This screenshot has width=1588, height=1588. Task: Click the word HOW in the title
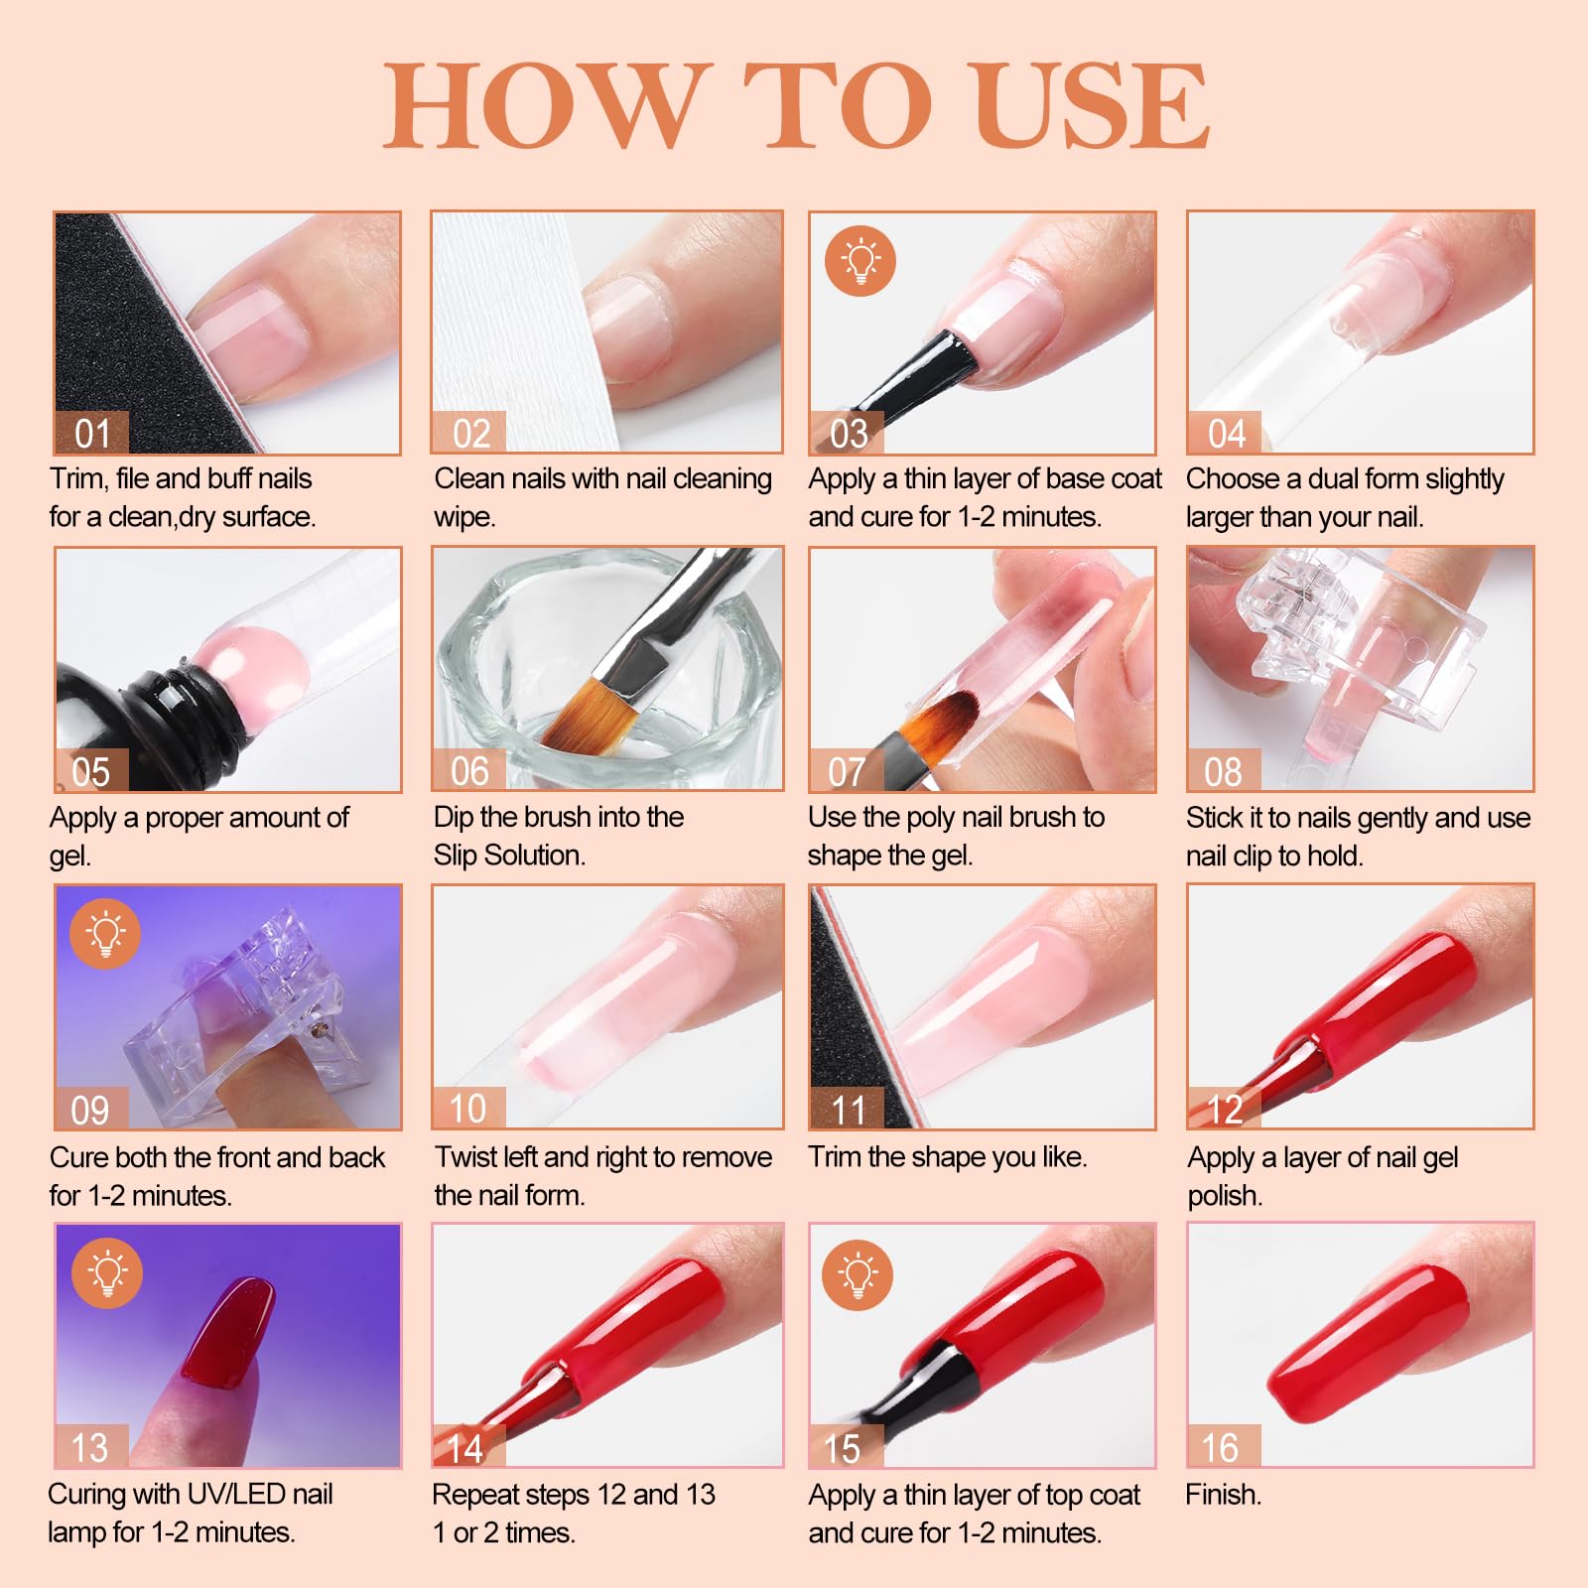click(x=548, y=105)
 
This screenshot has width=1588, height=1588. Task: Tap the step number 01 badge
click(x=92, y=433)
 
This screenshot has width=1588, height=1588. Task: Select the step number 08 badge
click(x=1223, y=770)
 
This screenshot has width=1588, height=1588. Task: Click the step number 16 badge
click(x=1223, y=1447)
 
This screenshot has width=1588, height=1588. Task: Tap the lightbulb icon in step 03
click(x=860, y=261)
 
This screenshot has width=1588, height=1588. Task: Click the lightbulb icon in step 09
click(x=105, y=934)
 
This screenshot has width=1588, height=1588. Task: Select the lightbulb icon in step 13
click(x=107, y=1272)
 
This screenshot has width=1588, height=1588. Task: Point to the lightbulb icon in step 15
click(x=859, y=1274)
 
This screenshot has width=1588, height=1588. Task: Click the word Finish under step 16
click(x=1223, y=1495)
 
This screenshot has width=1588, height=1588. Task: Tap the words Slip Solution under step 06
click(x=509, y=856)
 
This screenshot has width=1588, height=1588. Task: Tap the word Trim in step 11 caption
click(x=835, y=1157)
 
